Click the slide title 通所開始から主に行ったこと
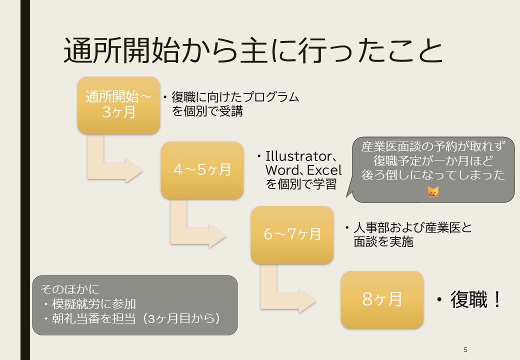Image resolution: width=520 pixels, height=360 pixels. tap(253, 50)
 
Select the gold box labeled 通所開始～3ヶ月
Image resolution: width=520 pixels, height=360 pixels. tap(118, 105)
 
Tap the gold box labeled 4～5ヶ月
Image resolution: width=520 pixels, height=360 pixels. tap(202, 170)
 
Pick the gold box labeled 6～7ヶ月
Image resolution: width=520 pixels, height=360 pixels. tap(292, 235)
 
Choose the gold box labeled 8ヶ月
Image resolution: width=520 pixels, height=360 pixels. tap(382, 299)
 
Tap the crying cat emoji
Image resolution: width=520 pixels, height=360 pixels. tap(433, 191)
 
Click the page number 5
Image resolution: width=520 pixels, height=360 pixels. tap(465, 349)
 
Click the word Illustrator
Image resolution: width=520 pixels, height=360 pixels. tap(298, 156)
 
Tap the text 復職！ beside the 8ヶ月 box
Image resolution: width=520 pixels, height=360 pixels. tap(475, 299)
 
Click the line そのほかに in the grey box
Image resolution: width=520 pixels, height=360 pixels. tap(70, 289)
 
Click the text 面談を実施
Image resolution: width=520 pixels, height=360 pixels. tap(383, 241)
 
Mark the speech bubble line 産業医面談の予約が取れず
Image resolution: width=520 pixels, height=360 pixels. tap(433, 146)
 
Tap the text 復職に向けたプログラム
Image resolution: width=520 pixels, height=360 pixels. tap(235, 97)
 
